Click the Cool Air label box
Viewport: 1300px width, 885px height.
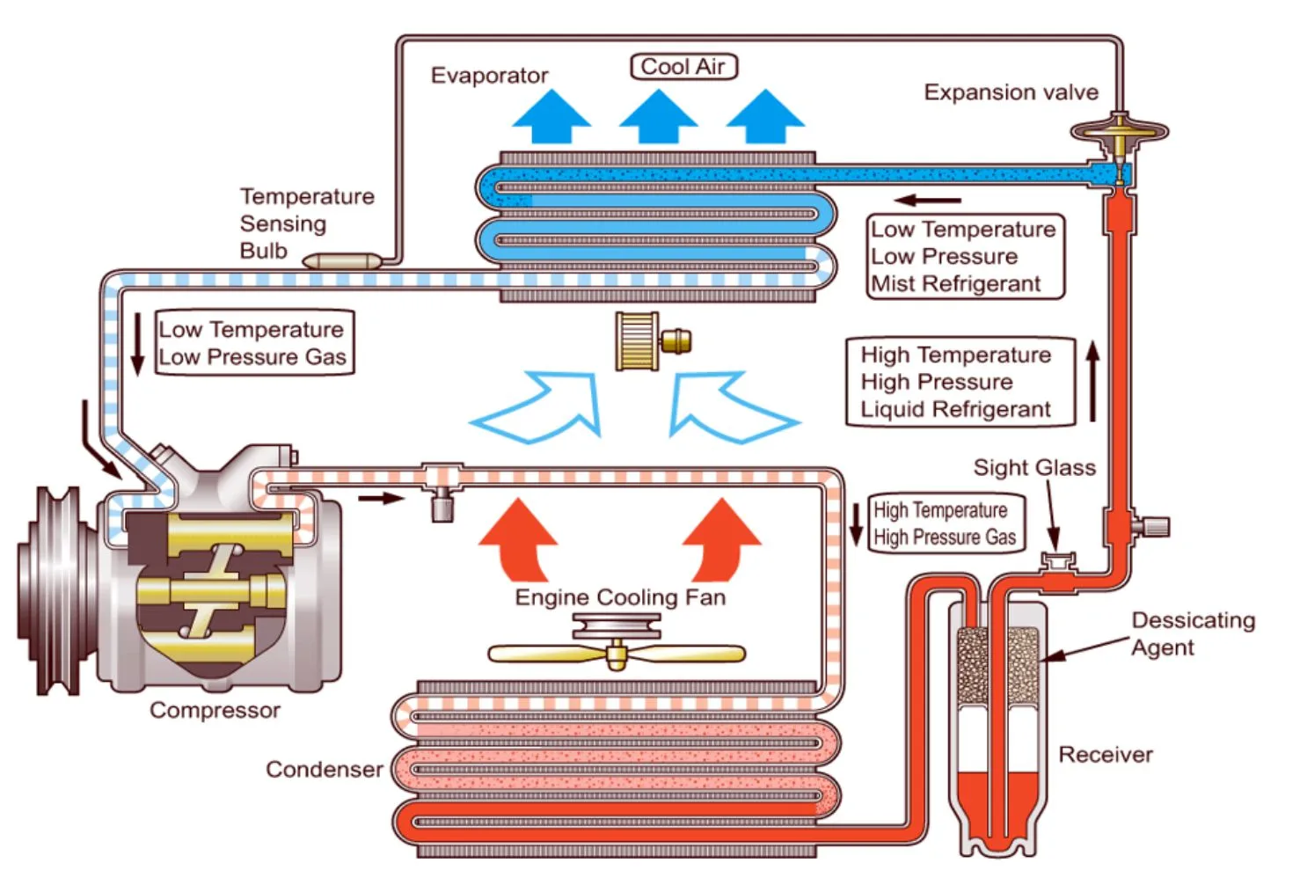[683, 67]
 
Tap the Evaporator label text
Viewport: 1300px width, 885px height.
[489, 76]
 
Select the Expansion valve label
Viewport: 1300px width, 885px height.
[1011, 92]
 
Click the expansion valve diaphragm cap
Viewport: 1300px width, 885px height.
[1119, 131]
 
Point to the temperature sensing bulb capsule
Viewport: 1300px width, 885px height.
[342, 260]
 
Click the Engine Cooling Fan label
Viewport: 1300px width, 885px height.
[620, 597]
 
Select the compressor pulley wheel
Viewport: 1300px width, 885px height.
[53, 589]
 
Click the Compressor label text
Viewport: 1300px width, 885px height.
[215, 710]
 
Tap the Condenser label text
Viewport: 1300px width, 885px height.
[324, 770]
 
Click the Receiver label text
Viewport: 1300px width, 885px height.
[1105, 755]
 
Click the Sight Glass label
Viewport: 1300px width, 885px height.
[1034, 467]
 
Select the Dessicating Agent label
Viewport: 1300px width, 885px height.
[1192, 633]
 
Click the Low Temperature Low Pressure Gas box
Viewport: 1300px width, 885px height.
[253, 343]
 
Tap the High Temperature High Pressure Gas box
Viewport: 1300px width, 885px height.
[946, 523]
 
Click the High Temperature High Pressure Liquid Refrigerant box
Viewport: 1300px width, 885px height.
[959, 382]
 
